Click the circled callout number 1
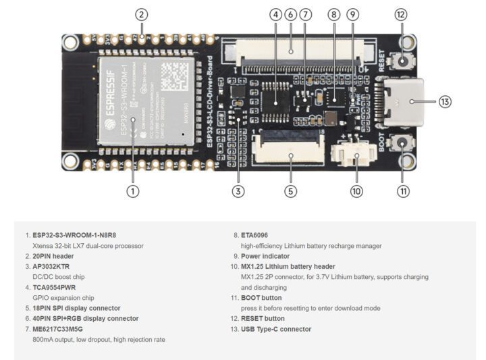(x=133, y=190)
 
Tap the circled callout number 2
(x=141, y=14)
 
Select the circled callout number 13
(x=444, y=102)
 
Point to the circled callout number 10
(x=356, y=190)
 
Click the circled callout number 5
(x=290, y=190)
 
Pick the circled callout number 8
(x=333, y=14)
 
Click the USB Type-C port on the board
(x=403, y=101)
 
